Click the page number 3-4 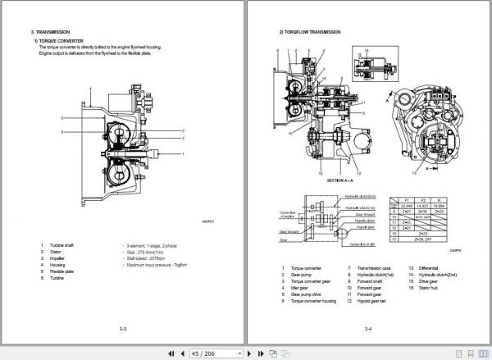[368, 329]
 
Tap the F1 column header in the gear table [405, 199]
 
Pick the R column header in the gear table [440, 199]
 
